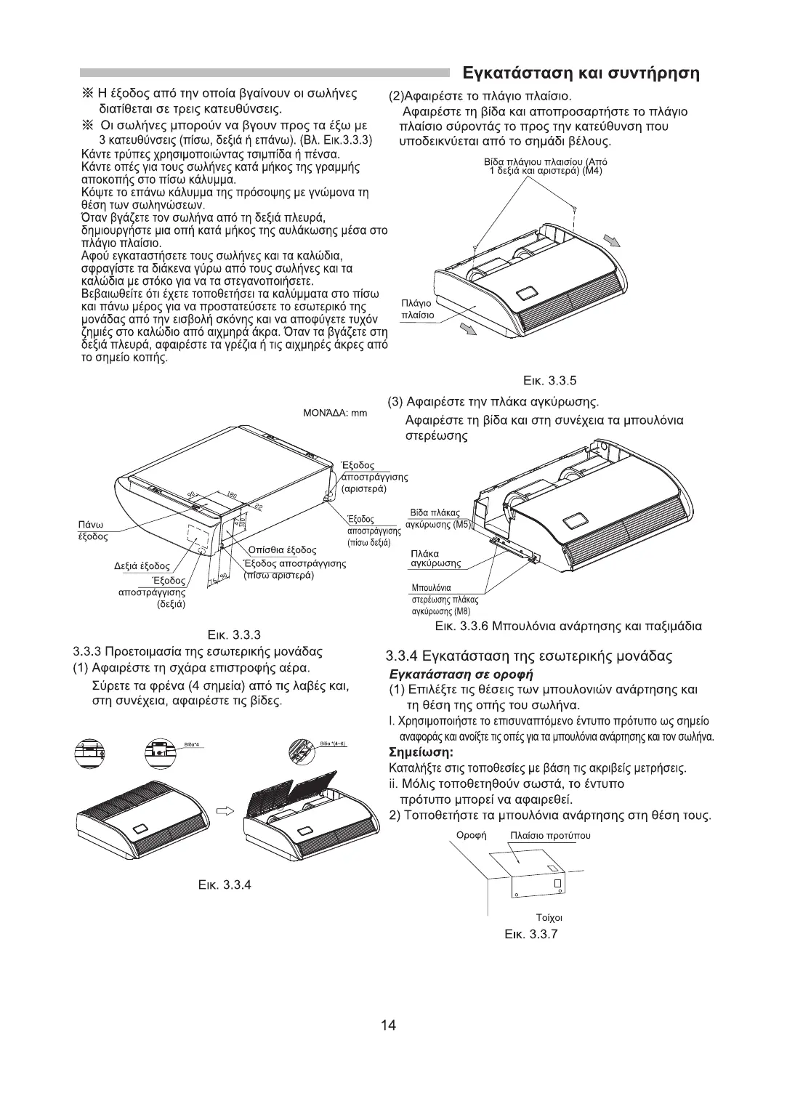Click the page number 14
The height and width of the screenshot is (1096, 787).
(x=388, y=1026)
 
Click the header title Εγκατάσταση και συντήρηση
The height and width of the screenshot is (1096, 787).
(x=581, y=73)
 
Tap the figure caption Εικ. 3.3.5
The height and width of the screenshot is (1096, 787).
(x=550, y=380)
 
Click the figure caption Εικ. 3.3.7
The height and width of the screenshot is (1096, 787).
(x=531, y=934)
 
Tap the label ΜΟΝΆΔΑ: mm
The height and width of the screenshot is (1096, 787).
(x=334, y=414)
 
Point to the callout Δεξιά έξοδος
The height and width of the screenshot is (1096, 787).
(x=142, y=565)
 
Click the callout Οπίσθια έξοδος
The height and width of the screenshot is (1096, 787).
(x=281, y=549)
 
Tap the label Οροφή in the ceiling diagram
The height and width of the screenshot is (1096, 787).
(x=470, y=835)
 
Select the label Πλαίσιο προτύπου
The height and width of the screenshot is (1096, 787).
(x=550, y=835)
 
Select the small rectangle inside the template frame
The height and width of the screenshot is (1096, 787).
(x=557, y=883)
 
